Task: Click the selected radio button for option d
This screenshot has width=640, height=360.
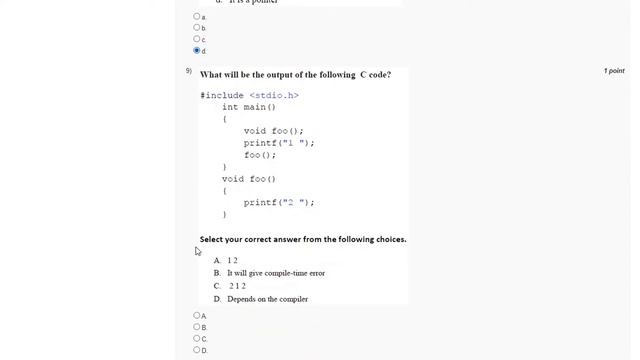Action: (197, 50)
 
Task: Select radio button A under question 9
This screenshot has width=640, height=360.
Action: (197, 316)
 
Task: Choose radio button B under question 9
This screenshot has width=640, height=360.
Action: (197, 327)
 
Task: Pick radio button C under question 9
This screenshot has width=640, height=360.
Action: (197, 339)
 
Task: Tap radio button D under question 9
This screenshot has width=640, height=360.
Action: (197, 350)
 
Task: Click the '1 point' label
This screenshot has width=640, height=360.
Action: (614, 71)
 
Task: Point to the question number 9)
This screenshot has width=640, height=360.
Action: (188, 71)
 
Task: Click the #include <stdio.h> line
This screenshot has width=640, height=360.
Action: (249, 95)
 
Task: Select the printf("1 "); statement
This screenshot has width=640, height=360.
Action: (279, 143)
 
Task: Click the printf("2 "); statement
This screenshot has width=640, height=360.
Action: (279, 202)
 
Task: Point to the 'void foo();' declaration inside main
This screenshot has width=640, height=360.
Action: (273, 131)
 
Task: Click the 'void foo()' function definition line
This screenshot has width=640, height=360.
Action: (249, 179)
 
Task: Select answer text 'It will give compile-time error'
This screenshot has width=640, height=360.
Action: (276, 273)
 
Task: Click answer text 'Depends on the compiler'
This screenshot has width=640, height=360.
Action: (267, 299)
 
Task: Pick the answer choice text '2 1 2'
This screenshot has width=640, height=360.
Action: (237, 286)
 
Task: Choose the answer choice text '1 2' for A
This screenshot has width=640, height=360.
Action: (232, 260)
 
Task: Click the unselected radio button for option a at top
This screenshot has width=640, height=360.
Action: (197, 16)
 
